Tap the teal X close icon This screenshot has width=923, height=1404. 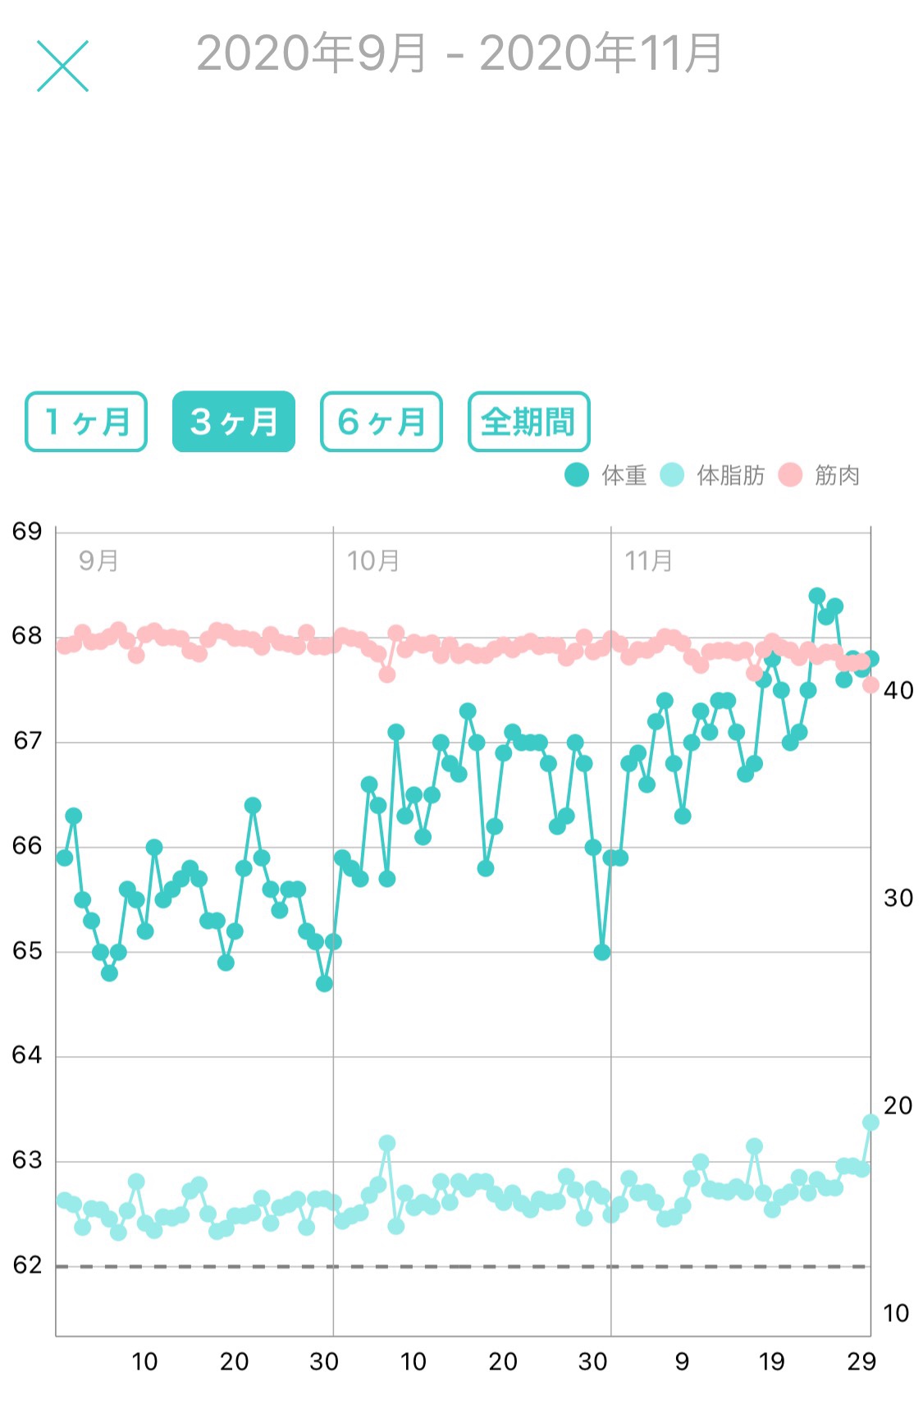tap(62, 66)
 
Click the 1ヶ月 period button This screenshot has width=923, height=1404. tap(86, 422)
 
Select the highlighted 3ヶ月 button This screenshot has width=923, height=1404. tap(234, 422)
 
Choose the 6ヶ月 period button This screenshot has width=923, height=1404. tap(382, 422)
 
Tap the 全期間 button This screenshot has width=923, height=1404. tap(528, 422)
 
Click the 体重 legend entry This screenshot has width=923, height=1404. tap(606, 475)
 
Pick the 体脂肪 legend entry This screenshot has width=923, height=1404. tap(712, 475)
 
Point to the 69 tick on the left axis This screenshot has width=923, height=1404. tap(27, 532)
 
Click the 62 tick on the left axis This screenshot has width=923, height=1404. tap(27, 1265)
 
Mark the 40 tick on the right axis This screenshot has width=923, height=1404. tap(898, 690)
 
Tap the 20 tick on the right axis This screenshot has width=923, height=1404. tap(898, 1105)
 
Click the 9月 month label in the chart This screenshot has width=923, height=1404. tap(98, 561)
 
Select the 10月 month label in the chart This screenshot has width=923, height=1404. tap(372, 561)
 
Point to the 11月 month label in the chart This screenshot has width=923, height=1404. tap(648, 561)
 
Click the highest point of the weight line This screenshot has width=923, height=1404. tap(816, 596)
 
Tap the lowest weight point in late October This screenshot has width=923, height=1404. tap(602, 952)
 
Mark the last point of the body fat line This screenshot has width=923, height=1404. tap(870, 1122)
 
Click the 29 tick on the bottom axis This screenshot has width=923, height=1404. tap(861, 1362)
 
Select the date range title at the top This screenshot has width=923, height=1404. tap(459, 54)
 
